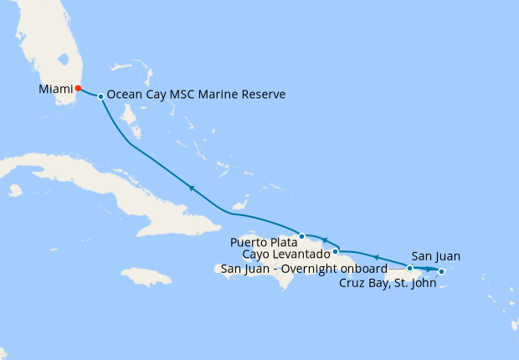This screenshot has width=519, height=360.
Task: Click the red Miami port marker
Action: pyautogui.click(x=78, y=88)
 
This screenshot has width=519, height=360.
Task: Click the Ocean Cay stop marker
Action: pyautogui.click(x=100, y=96)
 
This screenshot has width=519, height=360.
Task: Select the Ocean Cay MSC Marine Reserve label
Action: pyautogui.click(x=197, y=95)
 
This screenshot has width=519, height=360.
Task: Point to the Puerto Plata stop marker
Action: pyautogui.click(x=301, y=236)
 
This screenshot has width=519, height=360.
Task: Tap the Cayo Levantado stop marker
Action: pyautogui.click(x=335, y=250)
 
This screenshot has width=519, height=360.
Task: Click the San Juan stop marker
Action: pyautogui.click(x=410, y=269)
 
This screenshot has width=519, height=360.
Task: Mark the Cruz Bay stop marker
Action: pyautogui.click(x=441, y=271)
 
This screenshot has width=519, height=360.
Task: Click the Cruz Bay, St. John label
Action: pyautogui.click(x=386, y=282)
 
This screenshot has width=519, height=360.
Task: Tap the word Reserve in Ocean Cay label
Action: pyautogui.click(x=263, y=95)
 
